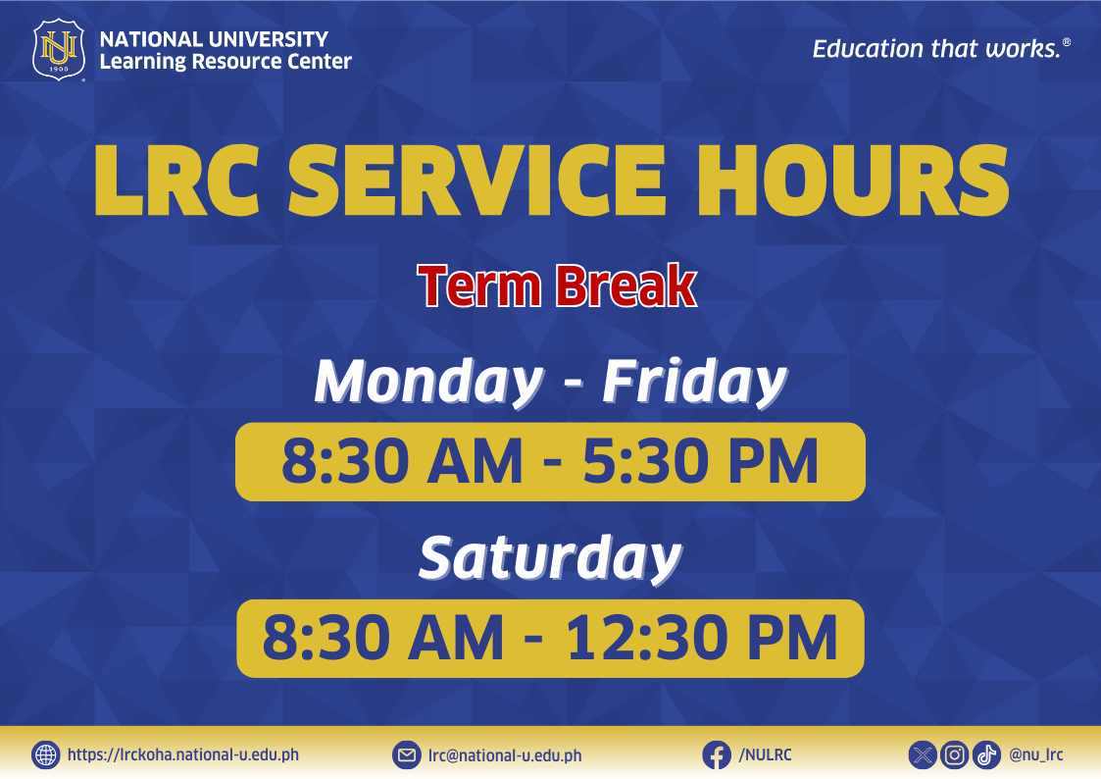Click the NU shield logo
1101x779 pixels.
[x=59, y=50]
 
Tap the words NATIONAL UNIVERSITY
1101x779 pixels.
[x=214, y=38]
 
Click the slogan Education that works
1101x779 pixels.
[x=941, y=48]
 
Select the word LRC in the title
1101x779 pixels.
[x=176, y=181]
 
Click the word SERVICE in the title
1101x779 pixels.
[x=476, y=181]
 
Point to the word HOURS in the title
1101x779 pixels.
[x=852, y=181]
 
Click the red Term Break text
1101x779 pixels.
[x=557, y=286]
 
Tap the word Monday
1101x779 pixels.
[x=429, y=382]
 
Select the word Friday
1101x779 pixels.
[x=694, y=382]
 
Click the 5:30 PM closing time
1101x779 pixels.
[x=701, y=461]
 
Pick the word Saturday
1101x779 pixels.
[x=550, y=557]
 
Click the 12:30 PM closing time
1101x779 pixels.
[x=701, y=638]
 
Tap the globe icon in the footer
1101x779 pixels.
[x=46, y=755]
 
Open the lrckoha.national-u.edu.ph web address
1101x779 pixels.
[x=183, y=755]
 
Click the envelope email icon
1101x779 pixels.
[x=407, y=755]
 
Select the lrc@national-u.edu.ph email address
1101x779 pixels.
[x=505, y=755]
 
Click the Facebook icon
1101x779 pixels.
[x=717, y=755]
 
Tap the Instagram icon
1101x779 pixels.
[x=954, y=755]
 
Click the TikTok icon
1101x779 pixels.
[x=986, y=755]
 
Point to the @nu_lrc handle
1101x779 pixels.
[x=1035, y=755]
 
